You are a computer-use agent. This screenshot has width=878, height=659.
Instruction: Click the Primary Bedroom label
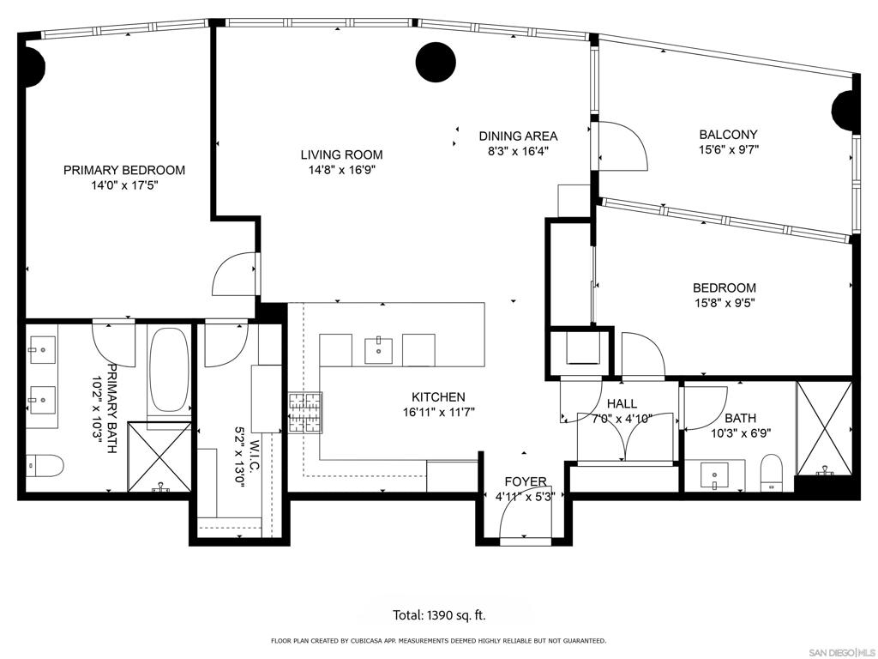point(124,170)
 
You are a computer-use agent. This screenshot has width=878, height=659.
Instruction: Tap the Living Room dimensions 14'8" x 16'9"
point(341,170)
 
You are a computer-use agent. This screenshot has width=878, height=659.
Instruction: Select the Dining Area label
point(518,136)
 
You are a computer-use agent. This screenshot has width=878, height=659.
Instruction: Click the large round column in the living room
point(436,62)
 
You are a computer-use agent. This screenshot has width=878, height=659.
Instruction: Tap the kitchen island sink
point(378,350)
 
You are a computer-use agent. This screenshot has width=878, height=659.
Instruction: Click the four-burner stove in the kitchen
point(306,413)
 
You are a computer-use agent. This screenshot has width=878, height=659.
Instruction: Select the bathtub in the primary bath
point(170,371)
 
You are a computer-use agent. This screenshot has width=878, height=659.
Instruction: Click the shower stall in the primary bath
point(159,456)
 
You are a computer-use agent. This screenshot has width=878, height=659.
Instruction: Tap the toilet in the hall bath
point(771,473)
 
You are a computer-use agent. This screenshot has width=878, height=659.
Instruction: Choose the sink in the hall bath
point(715,475)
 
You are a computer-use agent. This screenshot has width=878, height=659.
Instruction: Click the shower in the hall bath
point(824,428)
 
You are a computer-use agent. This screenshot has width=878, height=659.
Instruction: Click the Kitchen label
point(438,397)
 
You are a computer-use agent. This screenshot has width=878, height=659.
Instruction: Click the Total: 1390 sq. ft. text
point(439,615)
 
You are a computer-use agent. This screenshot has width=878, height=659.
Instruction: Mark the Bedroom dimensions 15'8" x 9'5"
point(724,303)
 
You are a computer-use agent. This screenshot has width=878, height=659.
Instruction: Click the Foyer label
point(526,481)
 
